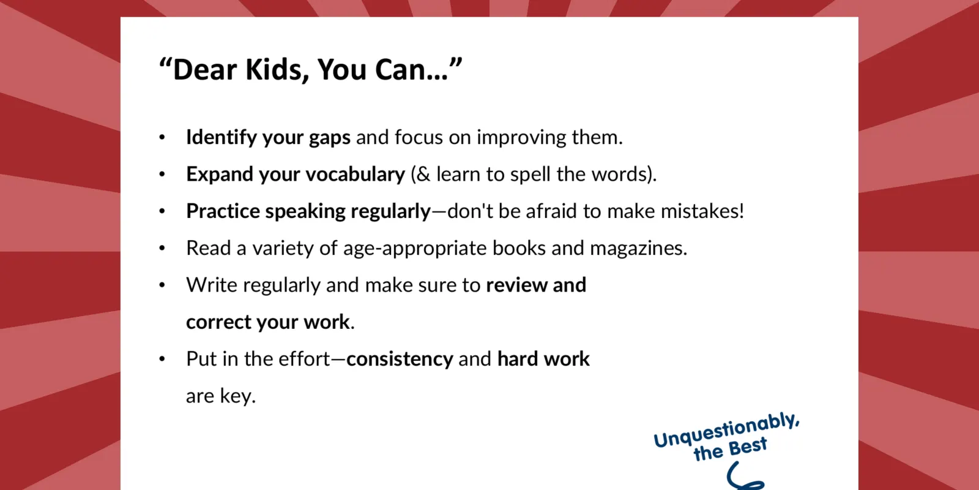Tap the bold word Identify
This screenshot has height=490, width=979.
pos(221,137)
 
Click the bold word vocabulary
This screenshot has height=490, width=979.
pos(355,175)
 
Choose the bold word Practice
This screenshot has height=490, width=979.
pos(223,211)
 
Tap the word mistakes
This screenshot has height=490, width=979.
pos(699,211)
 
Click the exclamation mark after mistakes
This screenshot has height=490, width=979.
pos(741,211)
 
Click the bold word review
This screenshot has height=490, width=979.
pos(516,285)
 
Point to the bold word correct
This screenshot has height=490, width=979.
pos(218,322)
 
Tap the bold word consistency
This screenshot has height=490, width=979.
pos(400,360)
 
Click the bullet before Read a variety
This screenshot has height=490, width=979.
pos(162,248)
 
